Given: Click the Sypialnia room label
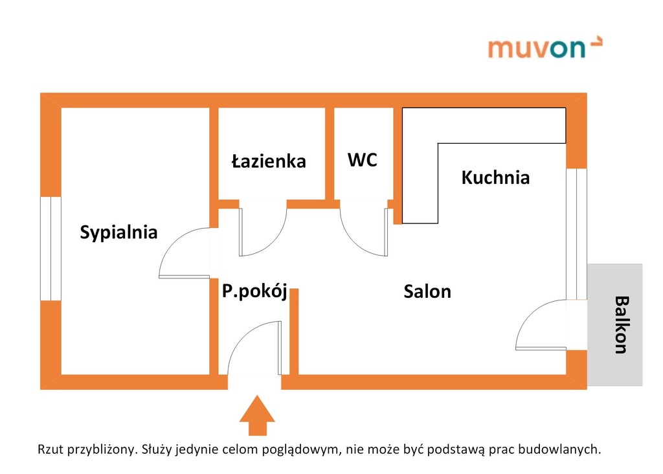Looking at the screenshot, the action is (x=119, y=232).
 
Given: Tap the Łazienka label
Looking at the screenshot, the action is (x=269, y=161).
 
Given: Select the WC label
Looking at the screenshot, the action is (x=363, y=160).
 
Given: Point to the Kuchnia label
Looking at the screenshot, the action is (x=495, y=177).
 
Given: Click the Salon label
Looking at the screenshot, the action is (x=427, y=291).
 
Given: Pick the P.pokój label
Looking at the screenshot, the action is (x=254, y=291).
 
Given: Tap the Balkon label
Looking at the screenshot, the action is (x=622, y=324).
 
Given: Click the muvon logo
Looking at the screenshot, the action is (x=545, y=48).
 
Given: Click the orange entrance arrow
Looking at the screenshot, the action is (x=257, y=415).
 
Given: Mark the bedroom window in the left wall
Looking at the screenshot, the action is (x=51, y=249).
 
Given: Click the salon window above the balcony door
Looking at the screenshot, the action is (x=577, y=234).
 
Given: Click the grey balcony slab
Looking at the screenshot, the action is (x=615, y=324).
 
